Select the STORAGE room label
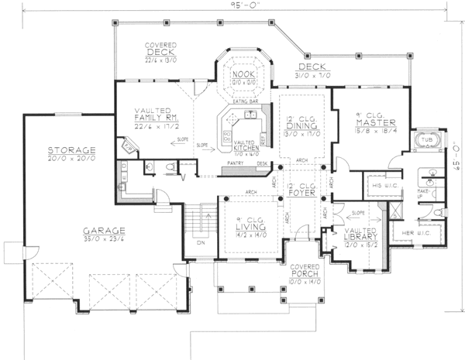pos(71,149)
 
